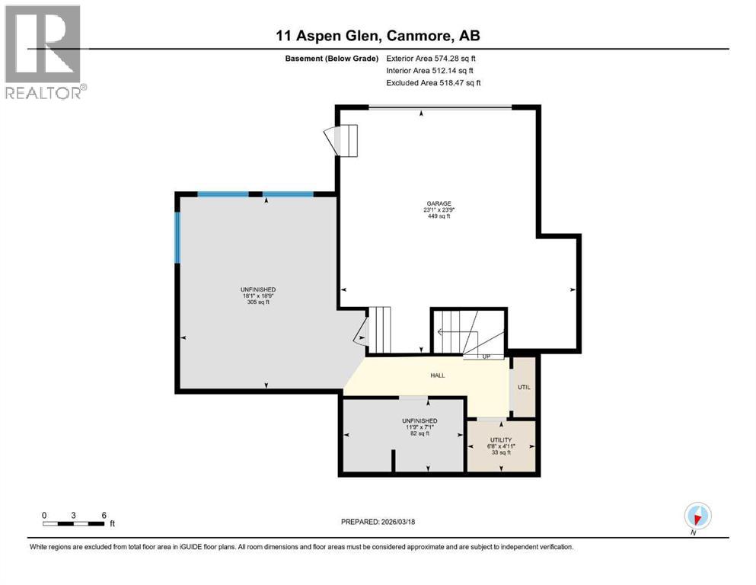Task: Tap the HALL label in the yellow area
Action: click(x=437, y=375)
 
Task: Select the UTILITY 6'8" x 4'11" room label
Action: click(x=502, y=440)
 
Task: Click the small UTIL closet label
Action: click(x=524, y=387)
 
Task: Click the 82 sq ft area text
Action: click(x=419, y=433)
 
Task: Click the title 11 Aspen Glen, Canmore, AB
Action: click(x=378, y=35)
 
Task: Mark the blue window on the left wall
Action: click(x=177, y=237)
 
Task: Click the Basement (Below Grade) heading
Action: click(x=330, y=58)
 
